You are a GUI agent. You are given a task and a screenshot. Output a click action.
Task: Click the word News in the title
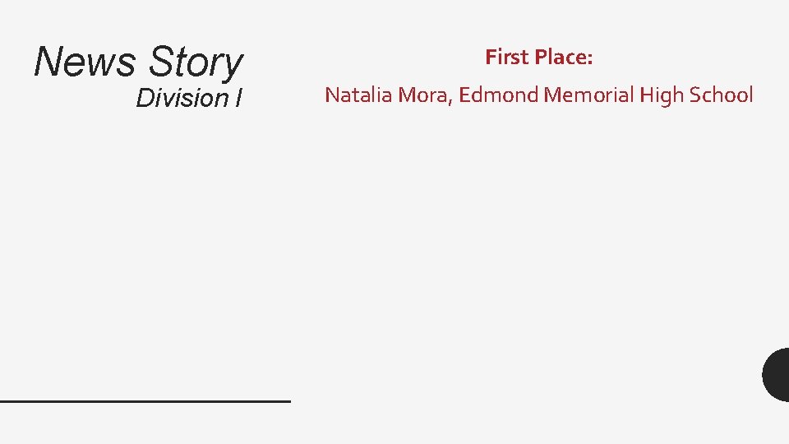84,62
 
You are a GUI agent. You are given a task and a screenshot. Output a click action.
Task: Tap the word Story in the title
196,63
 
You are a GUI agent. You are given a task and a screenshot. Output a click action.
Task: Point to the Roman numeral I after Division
238,98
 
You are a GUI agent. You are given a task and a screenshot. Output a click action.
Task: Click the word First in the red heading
507,57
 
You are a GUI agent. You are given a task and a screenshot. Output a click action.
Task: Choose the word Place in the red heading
561,57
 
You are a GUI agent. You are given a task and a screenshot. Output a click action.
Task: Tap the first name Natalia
359,95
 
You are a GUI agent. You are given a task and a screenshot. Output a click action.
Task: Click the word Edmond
498,95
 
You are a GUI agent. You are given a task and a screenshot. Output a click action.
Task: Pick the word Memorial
588,95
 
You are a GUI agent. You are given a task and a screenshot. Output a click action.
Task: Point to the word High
662,95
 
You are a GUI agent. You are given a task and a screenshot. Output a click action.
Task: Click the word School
721,95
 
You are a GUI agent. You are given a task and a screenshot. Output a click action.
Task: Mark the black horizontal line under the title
145,400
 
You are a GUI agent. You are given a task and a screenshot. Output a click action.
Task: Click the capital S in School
695,95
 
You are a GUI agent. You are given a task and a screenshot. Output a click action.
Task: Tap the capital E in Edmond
464,95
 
